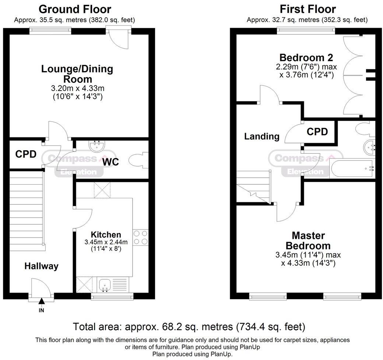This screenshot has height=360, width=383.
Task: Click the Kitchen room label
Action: [106, 235]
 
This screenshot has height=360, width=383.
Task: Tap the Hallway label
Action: [42, 266]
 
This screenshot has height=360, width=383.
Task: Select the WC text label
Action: [110, 162]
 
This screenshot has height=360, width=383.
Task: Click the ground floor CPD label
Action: [26, 154]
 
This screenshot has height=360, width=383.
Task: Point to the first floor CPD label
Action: [317, 132]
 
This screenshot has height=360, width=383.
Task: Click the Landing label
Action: [262, 136]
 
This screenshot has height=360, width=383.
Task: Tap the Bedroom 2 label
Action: [306, 58]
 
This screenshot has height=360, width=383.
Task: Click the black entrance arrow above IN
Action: [41, 301]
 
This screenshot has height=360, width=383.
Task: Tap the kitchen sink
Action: [105, 284]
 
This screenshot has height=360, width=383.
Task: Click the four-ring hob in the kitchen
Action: [140, 237]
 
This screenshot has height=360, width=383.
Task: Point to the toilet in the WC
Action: [137, 161]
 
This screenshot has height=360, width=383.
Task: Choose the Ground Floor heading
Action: [75, 9]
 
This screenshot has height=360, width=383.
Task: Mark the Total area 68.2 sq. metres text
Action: [189, 326]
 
